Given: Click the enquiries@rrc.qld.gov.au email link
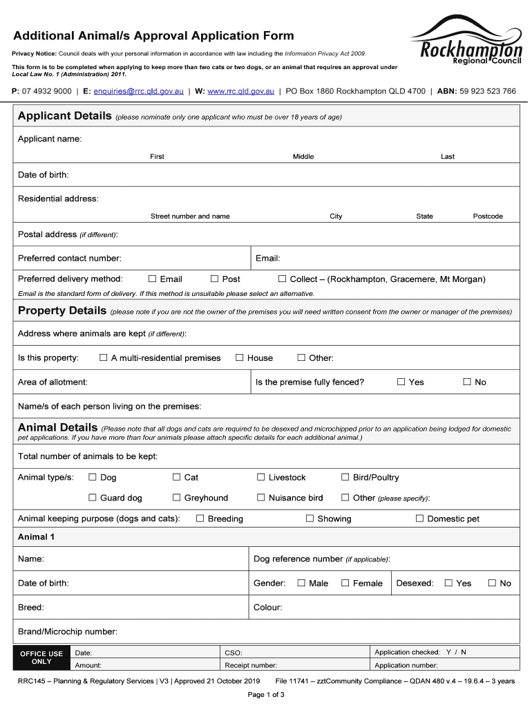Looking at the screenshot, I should click(138, 91).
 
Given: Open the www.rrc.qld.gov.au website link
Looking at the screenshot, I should click(240, 91).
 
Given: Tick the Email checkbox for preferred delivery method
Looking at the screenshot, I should click(153, 279).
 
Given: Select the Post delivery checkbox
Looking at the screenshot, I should click(215, 279).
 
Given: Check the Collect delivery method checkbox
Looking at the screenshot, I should click(282, 279).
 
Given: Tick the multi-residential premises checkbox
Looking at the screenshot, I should click(104, 357).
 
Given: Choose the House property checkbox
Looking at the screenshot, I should click(240, 357).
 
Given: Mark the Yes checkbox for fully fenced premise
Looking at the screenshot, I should click(401, 382).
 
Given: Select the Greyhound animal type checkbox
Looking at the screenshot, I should click(177, 497).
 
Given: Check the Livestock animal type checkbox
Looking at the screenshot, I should click(261, 477).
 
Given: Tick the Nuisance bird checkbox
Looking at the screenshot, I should click(261, 497).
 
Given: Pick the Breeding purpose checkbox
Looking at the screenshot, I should click(200, 518).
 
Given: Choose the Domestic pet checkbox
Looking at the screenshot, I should click(419, 518).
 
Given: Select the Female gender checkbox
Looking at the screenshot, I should click(345, 583).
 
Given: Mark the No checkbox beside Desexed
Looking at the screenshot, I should click(493, 583).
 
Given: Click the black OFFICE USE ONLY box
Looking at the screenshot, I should click(41, 658).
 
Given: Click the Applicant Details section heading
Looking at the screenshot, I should click(64, 116).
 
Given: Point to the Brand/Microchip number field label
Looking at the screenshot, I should click(67, 631).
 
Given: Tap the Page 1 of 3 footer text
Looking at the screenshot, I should click(266, 695).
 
